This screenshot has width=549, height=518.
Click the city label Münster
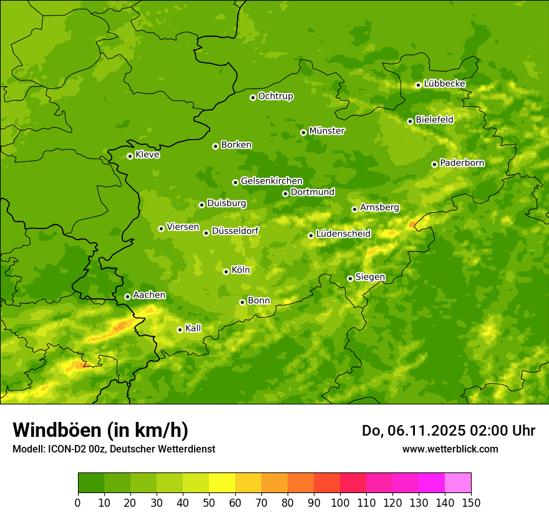327,131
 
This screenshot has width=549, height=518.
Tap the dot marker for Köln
226,271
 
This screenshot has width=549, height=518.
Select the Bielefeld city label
434,120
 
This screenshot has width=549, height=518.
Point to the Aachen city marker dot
127,296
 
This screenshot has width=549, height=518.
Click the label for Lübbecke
444,84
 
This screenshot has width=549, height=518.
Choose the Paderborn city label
462,163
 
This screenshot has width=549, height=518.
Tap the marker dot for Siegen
350,278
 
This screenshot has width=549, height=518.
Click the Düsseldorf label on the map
235,231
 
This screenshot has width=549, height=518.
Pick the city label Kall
193,328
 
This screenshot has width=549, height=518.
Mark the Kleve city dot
130,156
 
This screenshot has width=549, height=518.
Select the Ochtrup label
275,96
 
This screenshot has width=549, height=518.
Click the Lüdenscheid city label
343,234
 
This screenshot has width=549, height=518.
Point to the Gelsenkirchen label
271,181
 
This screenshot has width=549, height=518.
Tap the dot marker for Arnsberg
354,209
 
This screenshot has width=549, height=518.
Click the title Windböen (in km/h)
100,430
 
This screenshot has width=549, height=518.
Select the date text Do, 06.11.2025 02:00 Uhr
448,431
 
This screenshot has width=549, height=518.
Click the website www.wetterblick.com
450,449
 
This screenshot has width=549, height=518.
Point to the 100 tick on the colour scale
340,502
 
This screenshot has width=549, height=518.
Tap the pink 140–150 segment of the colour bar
458,483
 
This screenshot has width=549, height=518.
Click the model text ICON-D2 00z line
114,449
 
